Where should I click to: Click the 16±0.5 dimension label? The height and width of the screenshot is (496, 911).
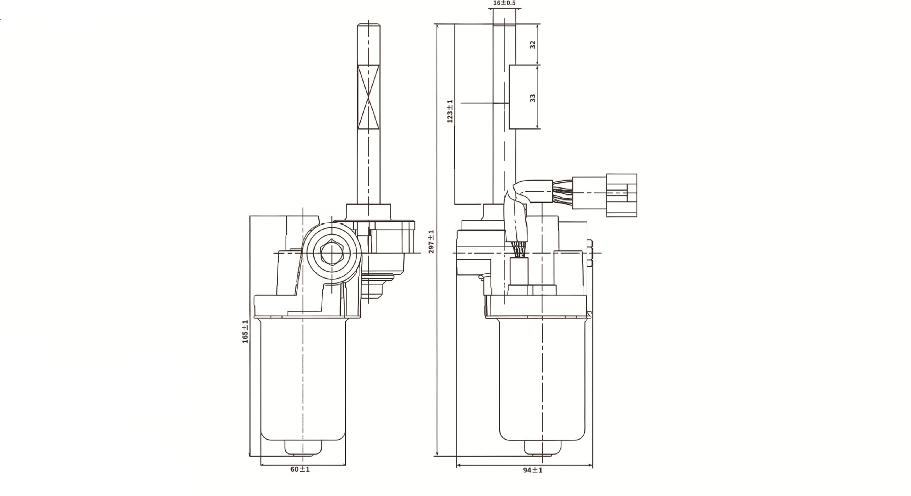tap(504, 3)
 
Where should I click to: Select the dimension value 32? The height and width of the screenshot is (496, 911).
tap(533, 45)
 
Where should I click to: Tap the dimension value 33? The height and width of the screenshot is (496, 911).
tap(533, 97)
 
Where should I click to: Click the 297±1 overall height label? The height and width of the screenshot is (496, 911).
tap(431, 241)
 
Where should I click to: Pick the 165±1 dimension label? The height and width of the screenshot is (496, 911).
tap(245, 332)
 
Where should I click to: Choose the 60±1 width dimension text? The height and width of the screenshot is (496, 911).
tap(300, 469)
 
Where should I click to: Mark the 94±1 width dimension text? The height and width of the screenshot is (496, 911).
tap(533, 470)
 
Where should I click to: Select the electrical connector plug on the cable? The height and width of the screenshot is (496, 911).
tap(621, 195)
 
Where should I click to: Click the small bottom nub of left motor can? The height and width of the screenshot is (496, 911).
tap(302, 447)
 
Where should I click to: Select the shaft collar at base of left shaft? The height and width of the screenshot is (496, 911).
tap(368, 211)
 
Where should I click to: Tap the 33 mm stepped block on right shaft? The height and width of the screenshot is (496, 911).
tap(522, 97)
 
